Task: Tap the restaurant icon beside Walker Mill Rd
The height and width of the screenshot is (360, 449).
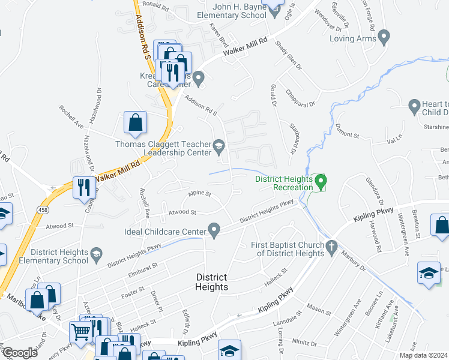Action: (83, 188)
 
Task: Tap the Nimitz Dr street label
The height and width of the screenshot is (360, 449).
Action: (306, 344)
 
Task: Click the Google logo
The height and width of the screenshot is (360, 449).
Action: (20, 353)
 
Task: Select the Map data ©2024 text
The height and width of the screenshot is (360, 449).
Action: (423, 355)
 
